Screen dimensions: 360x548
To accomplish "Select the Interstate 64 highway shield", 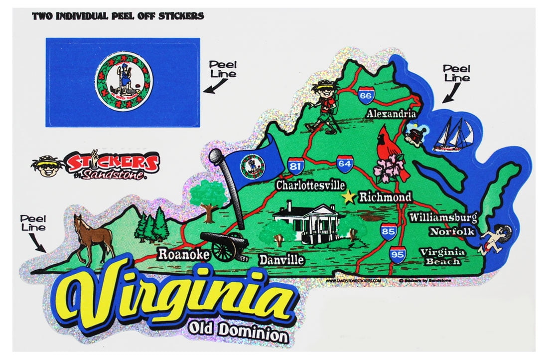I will (345, 164).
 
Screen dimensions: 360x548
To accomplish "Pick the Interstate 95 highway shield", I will (398, 254).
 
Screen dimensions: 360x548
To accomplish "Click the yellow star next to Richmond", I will (349, 197).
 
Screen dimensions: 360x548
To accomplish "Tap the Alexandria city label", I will (391, 114).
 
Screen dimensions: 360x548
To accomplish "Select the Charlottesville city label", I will (310, 186).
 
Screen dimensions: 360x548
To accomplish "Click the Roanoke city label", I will (184, 254).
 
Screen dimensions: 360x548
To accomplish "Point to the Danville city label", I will (281, 259).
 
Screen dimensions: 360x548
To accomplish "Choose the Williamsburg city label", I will (443, 218).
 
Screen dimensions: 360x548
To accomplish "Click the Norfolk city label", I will (452, 232).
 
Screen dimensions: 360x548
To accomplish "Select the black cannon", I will (224, 245).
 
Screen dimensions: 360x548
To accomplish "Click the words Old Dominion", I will (238, 331).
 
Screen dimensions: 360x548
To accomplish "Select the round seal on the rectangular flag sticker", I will (125, 82).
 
